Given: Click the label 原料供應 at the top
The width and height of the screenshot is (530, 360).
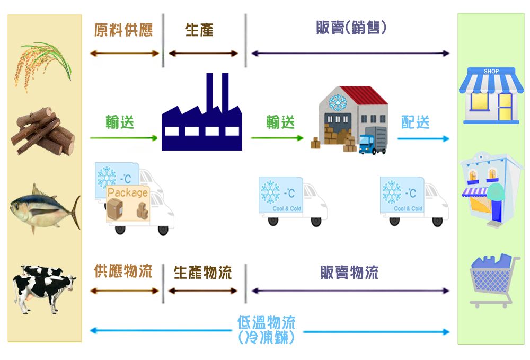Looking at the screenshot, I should pos(123,30).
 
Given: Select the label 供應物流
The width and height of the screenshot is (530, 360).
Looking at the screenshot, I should pos(123,272).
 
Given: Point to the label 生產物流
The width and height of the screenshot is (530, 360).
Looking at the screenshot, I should pos(202,273).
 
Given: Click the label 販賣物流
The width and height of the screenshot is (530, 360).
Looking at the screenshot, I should pos(349,273).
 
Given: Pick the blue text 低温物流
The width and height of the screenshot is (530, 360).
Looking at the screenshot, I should pos(266,322).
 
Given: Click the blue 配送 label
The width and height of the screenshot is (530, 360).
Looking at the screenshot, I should pos(415,122).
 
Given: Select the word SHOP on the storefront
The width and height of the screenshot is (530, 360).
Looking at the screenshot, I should pos(491,72).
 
